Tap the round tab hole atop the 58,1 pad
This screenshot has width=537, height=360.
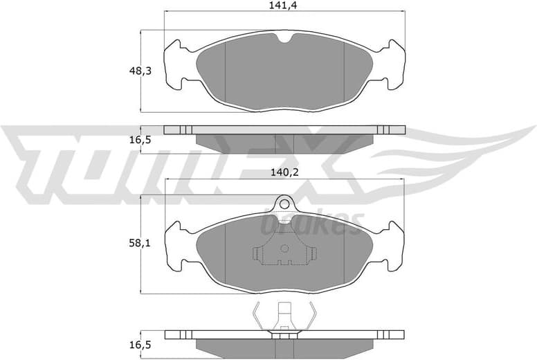point(284,203)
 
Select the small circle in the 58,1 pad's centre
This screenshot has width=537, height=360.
point(284,249)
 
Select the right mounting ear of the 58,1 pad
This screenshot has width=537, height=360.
point(394,246)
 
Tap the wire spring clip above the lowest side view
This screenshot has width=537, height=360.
point(284,317)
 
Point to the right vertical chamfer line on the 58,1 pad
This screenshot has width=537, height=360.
point(344,253)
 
